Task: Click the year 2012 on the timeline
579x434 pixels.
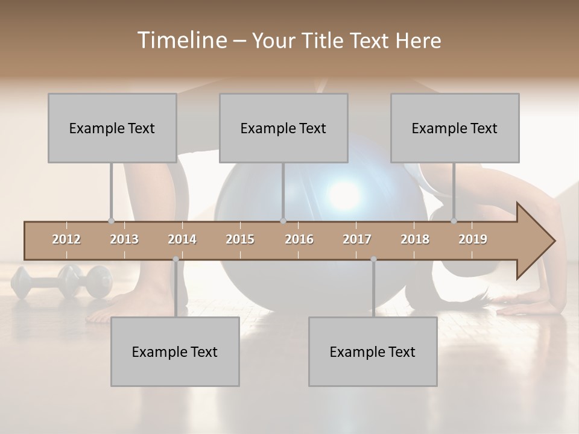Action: (66, 239)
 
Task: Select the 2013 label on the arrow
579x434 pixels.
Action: (124, 239)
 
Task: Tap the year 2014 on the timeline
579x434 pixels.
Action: (182, 239)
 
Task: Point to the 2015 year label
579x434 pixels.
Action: (240, 239)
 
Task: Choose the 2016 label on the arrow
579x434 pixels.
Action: (299, 239)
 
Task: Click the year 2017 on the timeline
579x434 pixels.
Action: (357, 239)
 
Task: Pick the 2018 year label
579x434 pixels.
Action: (415, 239)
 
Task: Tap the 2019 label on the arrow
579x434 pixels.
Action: (473, 239)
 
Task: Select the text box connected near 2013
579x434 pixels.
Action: (112, 128)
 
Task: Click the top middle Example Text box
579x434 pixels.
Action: (283, 128)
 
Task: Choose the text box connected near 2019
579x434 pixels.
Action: (455, 128)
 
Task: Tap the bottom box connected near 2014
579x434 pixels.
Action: (175, 351)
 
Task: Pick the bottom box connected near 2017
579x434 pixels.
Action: (373, 351)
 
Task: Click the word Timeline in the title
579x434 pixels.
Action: (181, 40)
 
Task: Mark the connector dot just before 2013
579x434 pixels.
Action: (111, 221)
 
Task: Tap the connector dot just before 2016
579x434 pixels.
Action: (283, 221)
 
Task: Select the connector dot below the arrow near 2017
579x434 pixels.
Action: (373, 259)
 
